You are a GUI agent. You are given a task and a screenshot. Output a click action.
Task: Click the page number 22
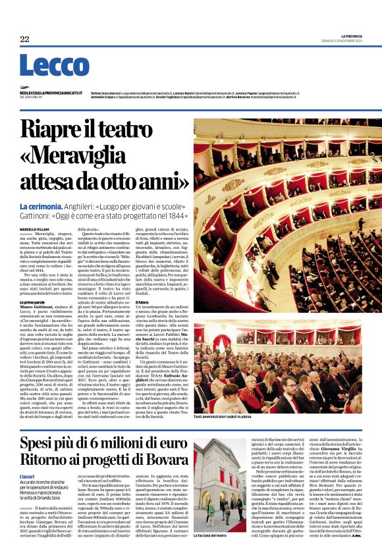(x=24, y=40)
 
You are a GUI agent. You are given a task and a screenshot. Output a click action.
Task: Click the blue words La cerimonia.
(x=41, y=207)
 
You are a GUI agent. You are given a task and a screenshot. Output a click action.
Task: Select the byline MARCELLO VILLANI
(x=34, y=228)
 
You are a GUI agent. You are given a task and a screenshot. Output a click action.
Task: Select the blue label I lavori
(x=27, y=476)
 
